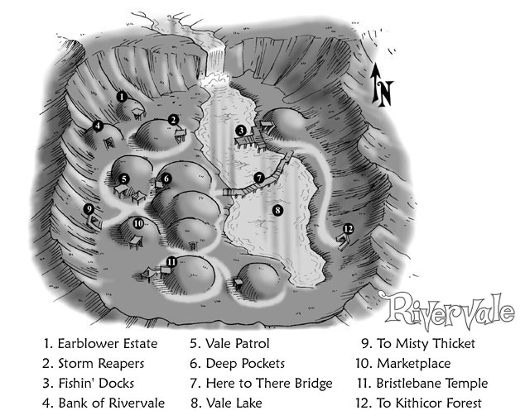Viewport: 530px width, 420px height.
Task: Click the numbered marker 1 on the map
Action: (x=122, y=97)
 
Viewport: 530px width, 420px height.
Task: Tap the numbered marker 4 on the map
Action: (x=98, y=126)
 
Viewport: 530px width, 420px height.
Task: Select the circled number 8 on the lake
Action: (x=277, y=210)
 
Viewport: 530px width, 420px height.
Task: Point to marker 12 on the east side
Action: (x=348, y=229)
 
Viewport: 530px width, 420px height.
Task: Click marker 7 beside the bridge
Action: (x=259, y=178)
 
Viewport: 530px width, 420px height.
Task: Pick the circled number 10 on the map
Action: (x=138, y=223)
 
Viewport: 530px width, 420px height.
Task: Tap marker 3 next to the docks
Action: (x=239, y=130)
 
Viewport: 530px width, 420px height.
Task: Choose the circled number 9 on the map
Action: (x=89, y=209)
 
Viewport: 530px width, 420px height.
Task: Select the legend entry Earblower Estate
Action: (x=106, y=343)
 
